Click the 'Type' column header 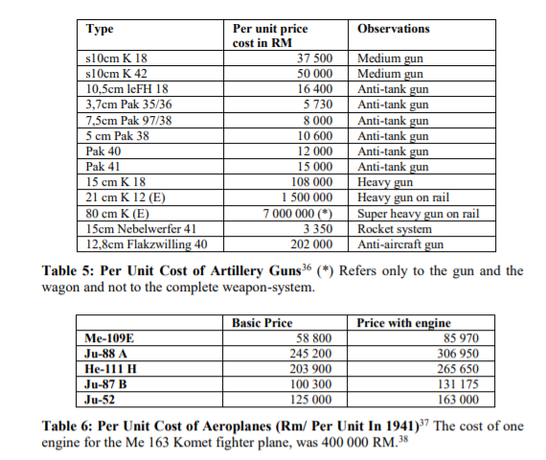100,30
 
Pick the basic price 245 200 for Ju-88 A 312,352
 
